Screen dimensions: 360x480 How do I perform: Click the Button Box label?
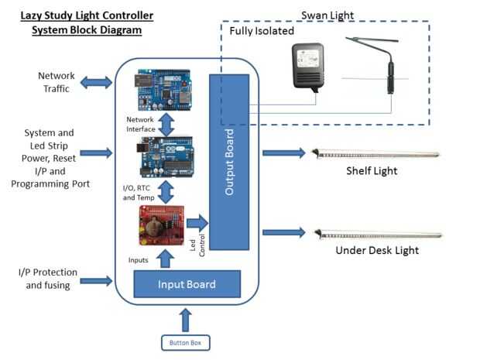(184, 341)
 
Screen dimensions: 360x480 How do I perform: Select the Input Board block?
(187, 284)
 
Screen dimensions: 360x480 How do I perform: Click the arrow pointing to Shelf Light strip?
(283, 153)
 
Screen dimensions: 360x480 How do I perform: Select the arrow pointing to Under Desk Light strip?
(283, 231)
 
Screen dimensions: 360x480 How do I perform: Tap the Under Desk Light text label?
(377, 251)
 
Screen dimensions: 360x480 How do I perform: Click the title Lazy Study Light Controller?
(87, 15)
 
